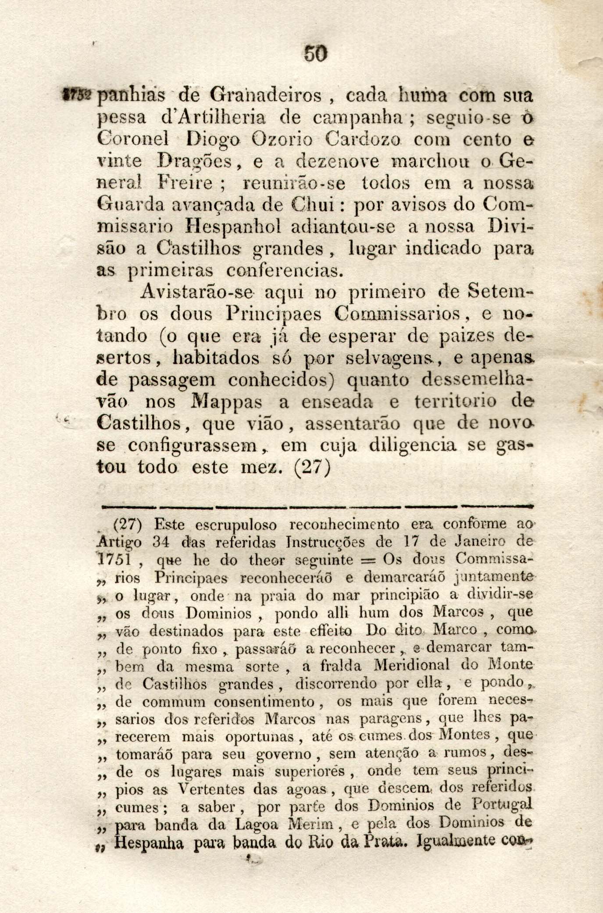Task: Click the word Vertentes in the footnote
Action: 209,789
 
